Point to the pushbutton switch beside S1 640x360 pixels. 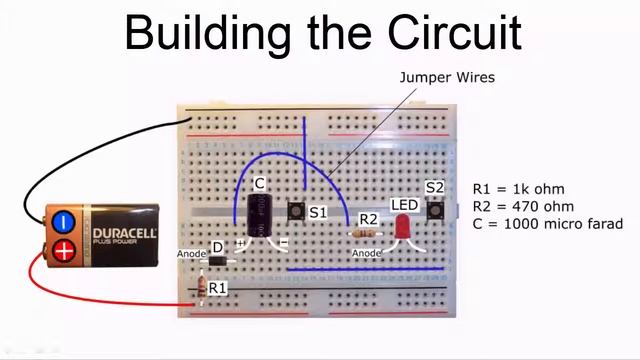click(296, 213)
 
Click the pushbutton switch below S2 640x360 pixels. click(435, 211)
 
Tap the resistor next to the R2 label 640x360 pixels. click(366, 233)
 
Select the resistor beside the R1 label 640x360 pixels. click(205, 288)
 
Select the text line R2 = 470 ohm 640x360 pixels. click(524, 206)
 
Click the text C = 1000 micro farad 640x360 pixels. click(547, 224)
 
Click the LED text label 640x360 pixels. click(404, 206)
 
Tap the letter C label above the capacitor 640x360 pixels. click(259, 184)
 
